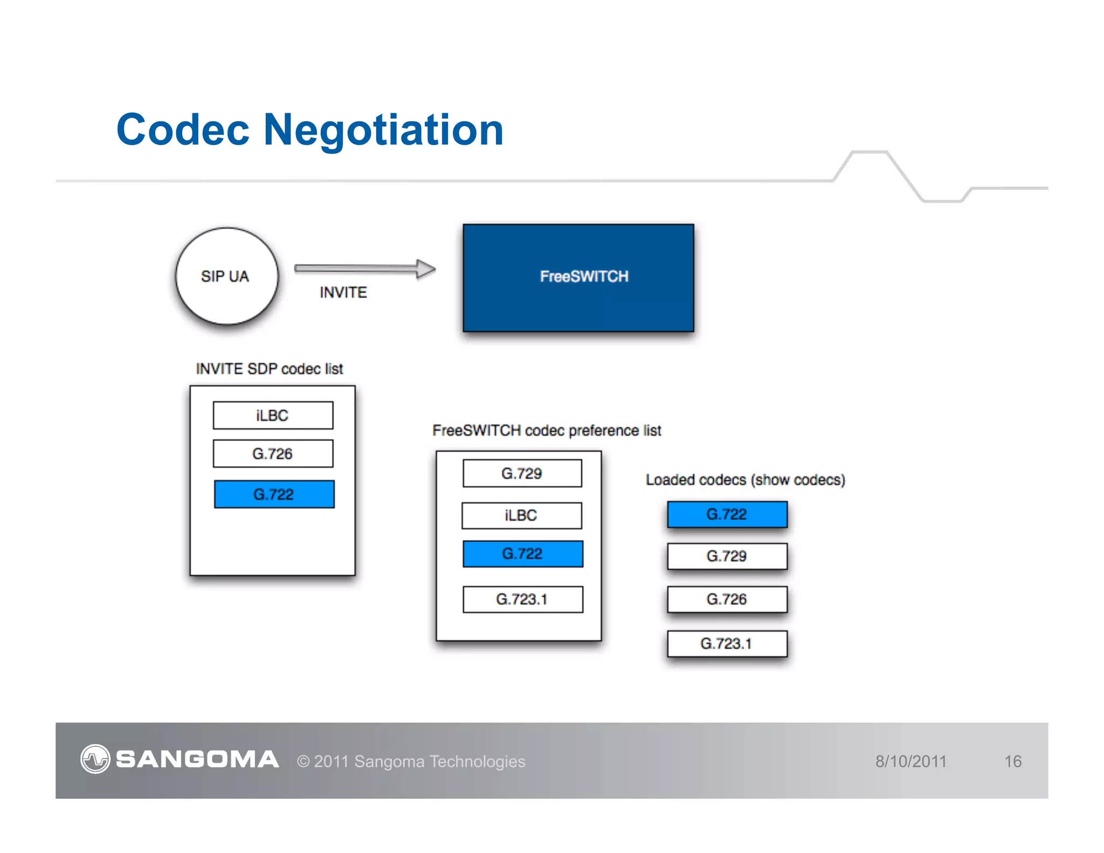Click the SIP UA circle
[227, 276]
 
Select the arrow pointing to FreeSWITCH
[364, 269]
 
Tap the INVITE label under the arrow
[343, 292]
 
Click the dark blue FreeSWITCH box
[578, 278]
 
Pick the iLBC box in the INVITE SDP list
[273, 415]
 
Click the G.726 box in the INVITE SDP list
[273, 453]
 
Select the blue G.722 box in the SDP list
[274, 494]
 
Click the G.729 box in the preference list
[522, 473]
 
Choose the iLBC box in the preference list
[521, 515]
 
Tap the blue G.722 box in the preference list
[522, 554]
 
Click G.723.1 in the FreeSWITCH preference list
[522, 599]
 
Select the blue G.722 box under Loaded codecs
[727, 514]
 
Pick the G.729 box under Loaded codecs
[727, 556]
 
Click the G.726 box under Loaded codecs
[727, 599]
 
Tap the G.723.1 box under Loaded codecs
[727, 643]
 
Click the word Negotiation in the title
[383, 130]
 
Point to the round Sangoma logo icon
[95, 759]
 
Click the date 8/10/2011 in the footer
[910, 761]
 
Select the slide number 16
[1012, 761]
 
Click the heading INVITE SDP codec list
[269, 369]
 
